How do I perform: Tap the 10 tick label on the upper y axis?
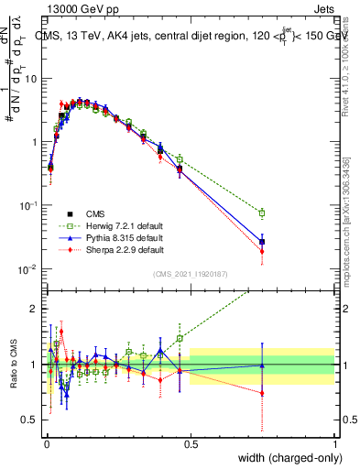point(30,78)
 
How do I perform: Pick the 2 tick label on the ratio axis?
point(34,309)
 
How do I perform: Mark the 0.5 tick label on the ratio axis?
point(30,421)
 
